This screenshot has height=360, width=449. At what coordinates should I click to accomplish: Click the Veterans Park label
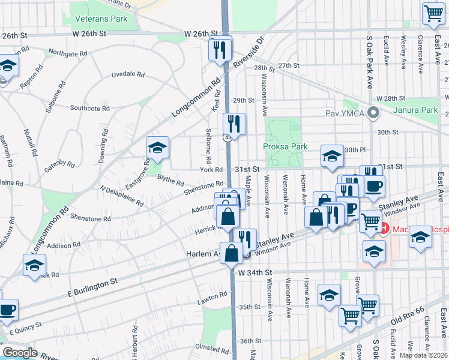coord(101,19)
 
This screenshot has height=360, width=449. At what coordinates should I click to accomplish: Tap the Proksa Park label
coord(285,146)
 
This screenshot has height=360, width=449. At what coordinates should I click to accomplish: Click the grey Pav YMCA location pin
coord(373,112)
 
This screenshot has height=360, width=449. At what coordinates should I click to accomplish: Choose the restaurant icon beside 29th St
coord(234,124)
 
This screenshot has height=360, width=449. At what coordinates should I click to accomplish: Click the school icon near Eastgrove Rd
coord(158,148)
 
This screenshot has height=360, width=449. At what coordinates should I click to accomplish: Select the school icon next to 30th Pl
coord(331,157)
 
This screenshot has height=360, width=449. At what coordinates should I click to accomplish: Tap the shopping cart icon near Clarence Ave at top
coord(433,13)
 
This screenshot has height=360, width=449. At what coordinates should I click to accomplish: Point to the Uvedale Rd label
coord(128,75)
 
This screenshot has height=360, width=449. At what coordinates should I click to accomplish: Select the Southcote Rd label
coord(89,109)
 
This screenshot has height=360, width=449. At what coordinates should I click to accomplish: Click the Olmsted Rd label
coord(210,347)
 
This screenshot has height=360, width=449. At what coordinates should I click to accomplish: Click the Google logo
coord(19,353)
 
